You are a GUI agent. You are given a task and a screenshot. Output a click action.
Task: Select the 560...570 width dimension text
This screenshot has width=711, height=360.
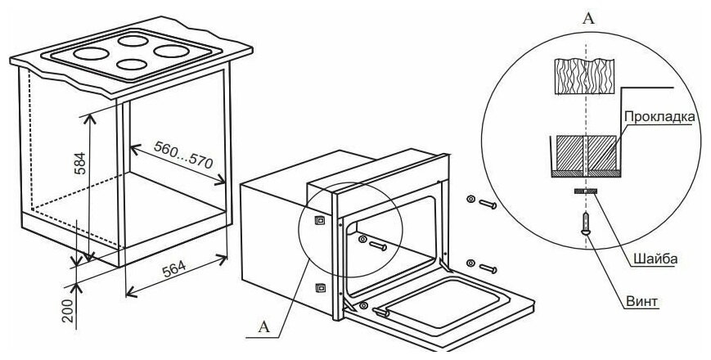pyautogui.click(x=182, y=154)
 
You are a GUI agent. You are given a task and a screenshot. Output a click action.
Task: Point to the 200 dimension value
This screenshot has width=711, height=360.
pyautogui.click(x=67, y=311)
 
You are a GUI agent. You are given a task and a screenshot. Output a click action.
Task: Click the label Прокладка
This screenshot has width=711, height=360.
pyautogui.click(x=659, y=116)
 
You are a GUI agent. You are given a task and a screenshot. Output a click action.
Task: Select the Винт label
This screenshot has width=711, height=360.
pyautogui.click(x=641, y=302)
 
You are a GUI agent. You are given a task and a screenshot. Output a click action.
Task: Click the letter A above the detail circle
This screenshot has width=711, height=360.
pyautogui.click(x=588, y=19)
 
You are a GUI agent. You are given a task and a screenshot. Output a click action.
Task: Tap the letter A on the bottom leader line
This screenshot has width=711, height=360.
pyautogui.click(x=264, y=327)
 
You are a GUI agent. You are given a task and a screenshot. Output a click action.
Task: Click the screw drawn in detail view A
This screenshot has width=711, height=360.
pyautogui.click(x=586, y=223)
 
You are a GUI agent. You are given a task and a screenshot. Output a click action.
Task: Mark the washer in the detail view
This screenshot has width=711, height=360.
pyautogui.click(x=585, y=191)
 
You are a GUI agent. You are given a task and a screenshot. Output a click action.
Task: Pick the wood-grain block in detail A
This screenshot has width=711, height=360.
pyautogui.click(x=585, y=76)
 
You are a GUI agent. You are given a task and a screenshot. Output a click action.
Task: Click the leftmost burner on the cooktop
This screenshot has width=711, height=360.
pyautogui.click(x=91, y=54)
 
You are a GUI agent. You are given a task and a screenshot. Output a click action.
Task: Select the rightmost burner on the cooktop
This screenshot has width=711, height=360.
pyautogui.click(x=171, y=52)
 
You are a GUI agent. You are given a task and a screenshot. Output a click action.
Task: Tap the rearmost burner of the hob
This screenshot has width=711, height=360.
pyautogui.click(x=133, y=41)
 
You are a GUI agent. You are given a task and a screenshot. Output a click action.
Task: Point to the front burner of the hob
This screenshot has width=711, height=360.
pyautogui.click(x=132, y=65)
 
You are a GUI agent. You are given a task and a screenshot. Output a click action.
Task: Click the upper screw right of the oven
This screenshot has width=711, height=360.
pyautogui.click(x=483, y=202)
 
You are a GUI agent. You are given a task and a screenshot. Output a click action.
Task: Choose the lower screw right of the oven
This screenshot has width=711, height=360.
pyautogui.click(x=483, y=266)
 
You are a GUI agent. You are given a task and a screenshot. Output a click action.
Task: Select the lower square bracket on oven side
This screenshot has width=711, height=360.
pyautogui.click(x=320, y=288)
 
